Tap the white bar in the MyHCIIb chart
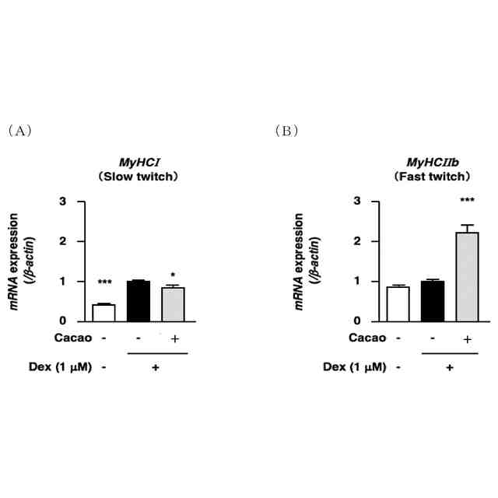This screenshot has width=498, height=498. tap(398, 303)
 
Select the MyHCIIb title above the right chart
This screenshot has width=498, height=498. tap(433, 163)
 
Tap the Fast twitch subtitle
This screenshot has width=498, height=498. tap(433, 177)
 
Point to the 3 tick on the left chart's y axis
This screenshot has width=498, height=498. tap(73, 202)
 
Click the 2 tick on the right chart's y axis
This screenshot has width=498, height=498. tap(357, 241)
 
